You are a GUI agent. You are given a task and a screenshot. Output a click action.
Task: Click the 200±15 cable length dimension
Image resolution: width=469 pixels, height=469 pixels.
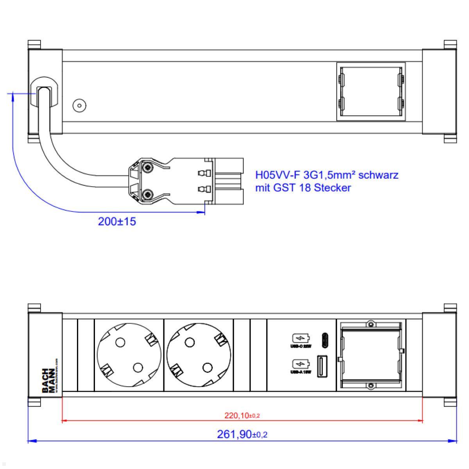pyautogui.click(x=117, y=222)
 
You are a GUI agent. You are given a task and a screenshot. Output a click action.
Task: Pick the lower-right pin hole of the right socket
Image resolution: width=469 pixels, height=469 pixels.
pyautogui.click(x=207, y=367)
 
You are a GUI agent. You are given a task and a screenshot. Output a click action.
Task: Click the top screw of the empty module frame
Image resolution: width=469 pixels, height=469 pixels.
pyautogui.click(x=371, y=324)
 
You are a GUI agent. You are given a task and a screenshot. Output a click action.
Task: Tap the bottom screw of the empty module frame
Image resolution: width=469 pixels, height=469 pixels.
pyautogui.click(x=371, y=386)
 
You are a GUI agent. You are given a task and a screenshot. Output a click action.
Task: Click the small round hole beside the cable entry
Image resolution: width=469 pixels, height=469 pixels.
pyautogui.click(x=80, y=106)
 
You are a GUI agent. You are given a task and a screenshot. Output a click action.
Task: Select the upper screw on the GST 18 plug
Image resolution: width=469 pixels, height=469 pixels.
pyautogui.click(x=148, y=168)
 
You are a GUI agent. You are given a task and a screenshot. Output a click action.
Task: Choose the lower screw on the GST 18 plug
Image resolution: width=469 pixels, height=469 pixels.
pyautogui.click(x=148, y=194)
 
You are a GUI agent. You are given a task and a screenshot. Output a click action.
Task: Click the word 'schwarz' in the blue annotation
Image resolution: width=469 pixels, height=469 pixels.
pyautogui.click(x=378, y=175)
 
